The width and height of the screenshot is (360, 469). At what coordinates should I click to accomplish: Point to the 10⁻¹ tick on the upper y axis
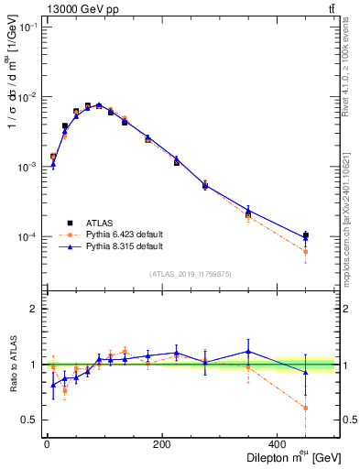pyautogui.click(x=27, y=27)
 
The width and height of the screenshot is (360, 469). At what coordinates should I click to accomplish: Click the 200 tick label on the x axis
pyautogui.click(x=162, y=445)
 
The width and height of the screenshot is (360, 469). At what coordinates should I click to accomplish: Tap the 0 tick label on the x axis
pyautogui.click(x=47, y=445)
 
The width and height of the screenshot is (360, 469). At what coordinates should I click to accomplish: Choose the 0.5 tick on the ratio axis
pyautogui.click(x=28, y=420)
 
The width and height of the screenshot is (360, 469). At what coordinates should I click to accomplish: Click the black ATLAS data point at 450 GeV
pyautogui.click(x=306, y=236)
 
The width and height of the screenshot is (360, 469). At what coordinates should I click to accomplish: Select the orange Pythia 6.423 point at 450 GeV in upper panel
pyautogui.click(x=306, y=251)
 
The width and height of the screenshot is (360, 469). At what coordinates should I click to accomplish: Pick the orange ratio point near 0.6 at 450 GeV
pyautogui.click(x=306, y=408)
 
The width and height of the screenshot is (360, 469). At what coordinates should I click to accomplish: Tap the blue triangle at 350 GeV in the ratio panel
pyautogui.click(x=248, y=352)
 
